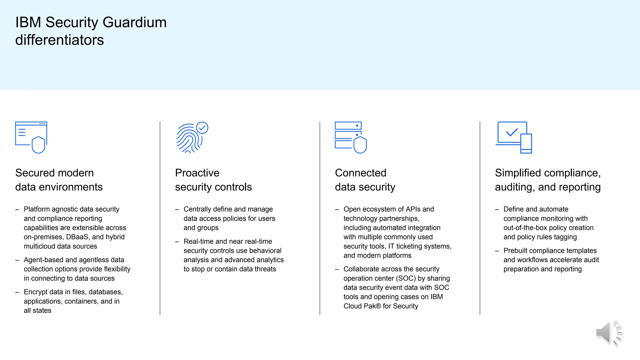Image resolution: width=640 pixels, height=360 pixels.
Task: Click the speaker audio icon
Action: pyautogui.click(x=609, y=333)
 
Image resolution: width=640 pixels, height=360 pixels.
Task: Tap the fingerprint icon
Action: pyautogui.click(x=188, y=139)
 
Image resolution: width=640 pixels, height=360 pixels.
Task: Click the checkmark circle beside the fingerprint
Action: pyautogui.click(x=202, y=127)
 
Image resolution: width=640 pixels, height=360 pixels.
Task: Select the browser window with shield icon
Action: pyautogui.click(x=31, y=137)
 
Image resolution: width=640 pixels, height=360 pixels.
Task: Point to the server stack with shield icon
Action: pyautogui.click(x=350, y=137)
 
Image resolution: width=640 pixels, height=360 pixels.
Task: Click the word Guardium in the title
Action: pyautogui.click(x=134, y=22)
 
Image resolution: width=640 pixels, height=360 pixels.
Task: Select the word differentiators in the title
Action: pyautogui.click(x=59, y=40)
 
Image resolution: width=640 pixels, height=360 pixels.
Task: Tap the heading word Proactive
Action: pyautogui.click(x=197, y=173)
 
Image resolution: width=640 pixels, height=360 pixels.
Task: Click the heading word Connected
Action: pyautogui.click(x=361, y=173)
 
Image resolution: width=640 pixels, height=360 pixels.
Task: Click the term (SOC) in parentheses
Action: pyautogui.click(x=406, y=278)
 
